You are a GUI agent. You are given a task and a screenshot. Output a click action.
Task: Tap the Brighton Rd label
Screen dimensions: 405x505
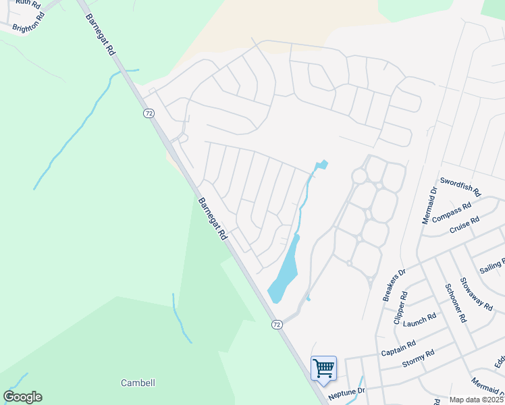[28, 24]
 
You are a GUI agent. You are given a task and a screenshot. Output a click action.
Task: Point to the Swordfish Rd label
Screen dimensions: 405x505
[460, 186]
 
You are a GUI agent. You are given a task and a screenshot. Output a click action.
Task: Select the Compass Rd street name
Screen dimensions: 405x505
[451, 213]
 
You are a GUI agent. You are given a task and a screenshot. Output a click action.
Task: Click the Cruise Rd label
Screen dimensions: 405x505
[464, 225]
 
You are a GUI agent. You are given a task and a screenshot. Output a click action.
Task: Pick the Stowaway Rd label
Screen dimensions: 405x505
[476, 294]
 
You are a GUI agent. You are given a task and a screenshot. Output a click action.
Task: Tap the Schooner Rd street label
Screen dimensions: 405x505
[453, 303]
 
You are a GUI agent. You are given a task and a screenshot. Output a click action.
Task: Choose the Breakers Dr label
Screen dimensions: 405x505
[393, 285]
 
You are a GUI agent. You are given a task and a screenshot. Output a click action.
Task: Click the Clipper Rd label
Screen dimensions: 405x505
[400, 307]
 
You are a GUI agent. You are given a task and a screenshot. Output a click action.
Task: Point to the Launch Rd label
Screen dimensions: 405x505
[420, 319]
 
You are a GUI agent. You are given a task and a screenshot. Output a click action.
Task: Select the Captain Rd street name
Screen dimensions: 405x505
[398, 348]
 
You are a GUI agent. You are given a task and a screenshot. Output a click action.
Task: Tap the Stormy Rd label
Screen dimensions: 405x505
[418, 358]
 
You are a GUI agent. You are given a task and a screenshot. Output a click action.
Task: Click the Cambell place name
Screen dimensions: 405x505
[138, 383]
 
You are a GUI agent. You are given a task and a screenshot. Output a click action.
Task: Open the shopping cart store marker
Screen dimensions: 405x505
[323, 369]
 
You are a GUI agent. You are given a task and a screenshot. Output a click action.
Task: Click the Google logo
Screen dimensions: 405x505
[22, 397]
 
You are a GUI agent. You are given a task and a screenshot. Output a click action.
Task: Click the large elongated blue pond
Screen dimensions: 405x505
[285, 269]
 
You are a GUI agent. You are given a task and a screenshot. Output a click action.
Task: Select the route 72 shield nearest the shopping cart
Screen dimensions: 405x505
[277, 325]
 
